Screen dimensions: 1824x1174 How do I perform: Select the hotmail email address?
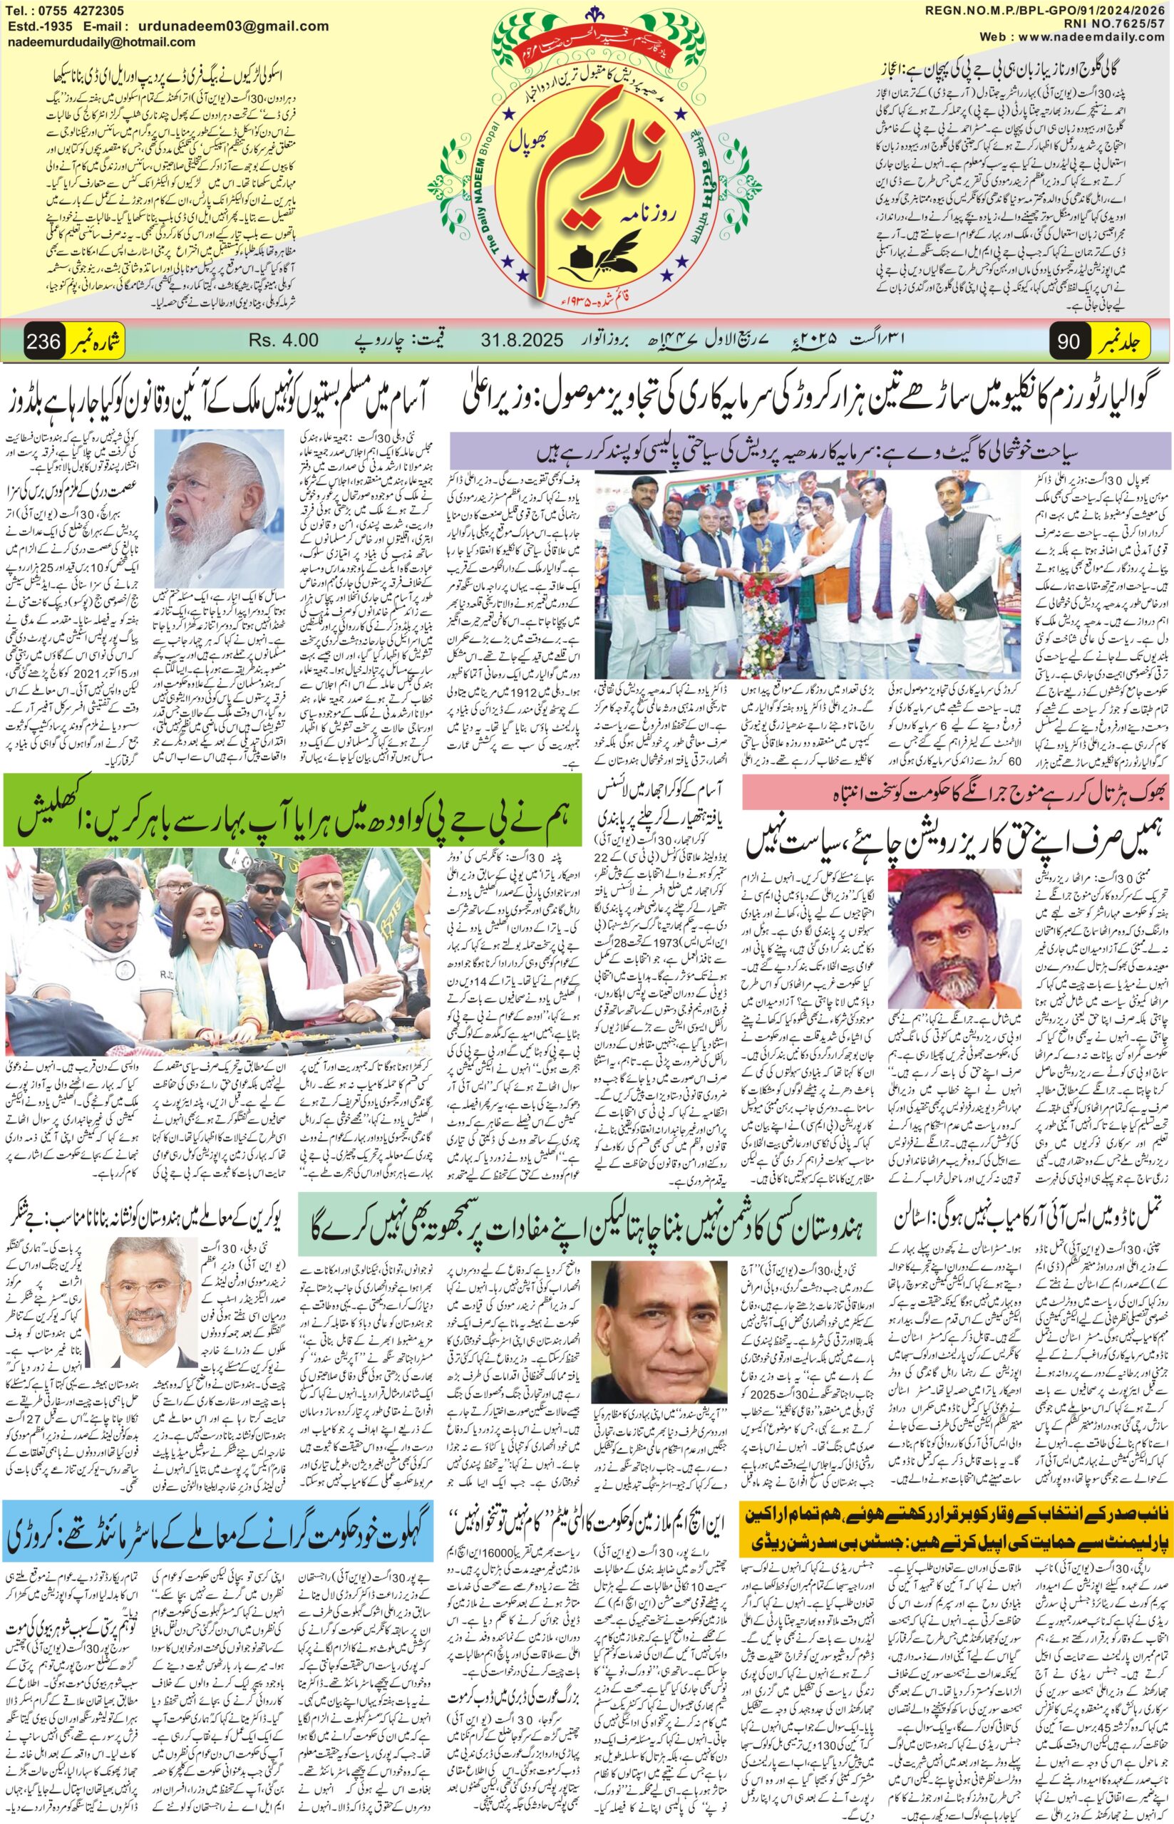(99, 44)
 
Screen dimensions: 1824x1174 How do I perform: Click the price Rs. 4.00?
(285, 339)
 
